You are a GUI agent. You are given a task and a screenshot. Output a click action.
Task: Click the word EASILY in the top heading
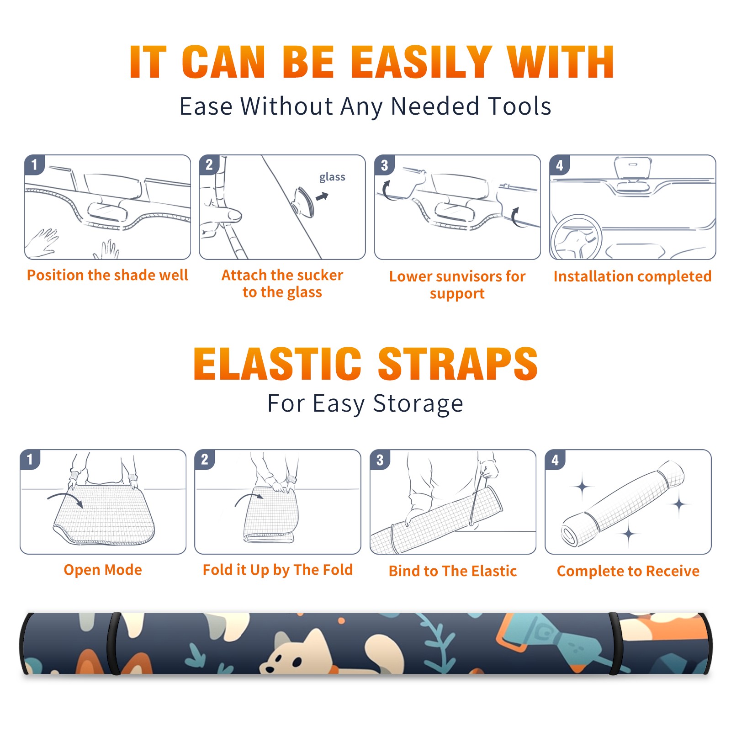click(422, 62)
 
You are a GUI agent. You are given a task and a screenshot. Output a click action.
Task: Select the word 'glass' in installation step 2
click(332, 177)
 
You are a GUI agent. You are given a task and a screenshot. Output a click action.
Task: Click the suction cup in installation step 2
click(304, 201)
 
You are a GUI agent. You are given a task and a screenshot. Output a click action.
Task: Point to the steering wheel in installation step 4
click(576, 238)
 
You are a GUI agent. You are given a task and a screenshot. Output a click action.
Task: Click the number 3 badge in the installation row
click(384, 165)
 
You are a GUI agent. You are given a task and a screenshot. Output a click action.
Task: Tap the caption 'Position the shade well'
click(107, 275)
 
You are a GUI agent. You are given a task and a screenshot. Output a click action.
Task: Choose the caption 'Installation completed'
click(632, 276)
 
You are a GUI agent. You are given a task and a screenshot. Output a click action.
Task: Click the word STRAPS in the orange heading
click(458, 364)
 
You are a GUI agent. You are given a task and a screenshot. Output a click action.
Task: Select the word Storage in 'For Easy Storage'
click(418, 404)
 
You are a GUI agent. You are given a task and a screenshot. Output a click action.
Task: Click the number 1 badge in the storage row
click(30, 460)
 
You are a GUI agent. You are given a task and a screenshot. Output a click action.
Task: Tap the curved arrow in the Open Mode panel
click(65, 498)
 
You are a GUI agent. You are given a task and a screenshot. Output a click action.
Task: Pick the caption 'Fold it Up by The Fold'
click(278, 570)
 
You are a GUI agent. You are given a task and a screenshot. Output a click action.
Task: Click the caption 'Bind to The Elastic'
click(453, 571)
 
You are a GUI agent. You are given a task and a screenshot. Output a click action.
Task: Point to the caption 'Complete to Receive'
click(628, 571)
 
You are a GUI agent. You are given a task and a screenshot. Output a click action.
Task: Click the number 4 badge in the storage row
click(555, 460)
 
